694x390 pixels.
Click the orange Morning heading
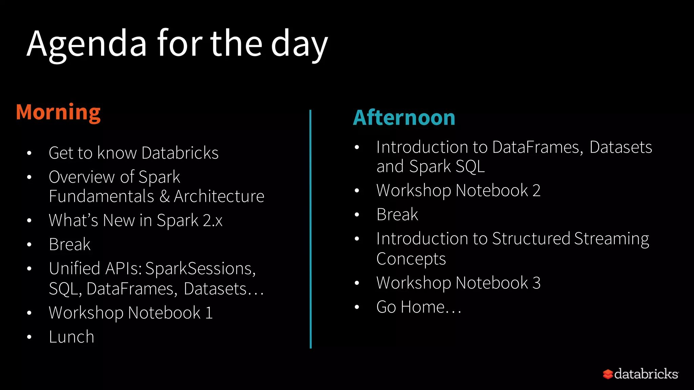click(x=58, y=112)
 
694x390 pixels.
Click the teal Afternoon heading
click(x=404, y=118)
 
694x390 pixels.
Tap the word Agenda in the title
click(x=87, y=44)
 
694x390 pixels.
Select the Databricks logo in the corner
click(x=640, y=374)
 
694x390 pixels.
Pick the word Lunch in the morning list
click(x=72, y=337)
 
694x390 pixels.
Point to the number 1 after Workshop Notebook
click(x=209, y=312)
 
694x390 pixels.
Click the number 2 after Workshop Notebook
click(x=536, y=190)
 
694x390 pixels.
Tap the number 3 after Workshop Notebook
click(x=536, y=283)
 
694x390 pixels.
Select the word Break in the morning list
click(x=70, y=244)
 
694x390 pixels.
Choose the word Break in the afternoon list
click(x=397, y=215)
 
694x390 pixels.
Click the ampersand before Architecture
click(x=165, y=196)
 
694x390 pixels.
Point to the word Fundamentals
click(x=101, y=196)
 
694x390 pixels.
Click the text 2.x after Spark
click(x=212, y=220)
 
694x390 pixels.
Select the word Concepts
click(x=411, y=259)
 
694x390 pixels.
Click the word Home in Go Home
click(x=428, y=307)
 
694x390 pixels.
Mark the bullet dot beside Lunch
click(x=29, y=337)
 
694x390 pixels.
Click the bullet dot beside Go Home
click(x=357, y=307)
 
